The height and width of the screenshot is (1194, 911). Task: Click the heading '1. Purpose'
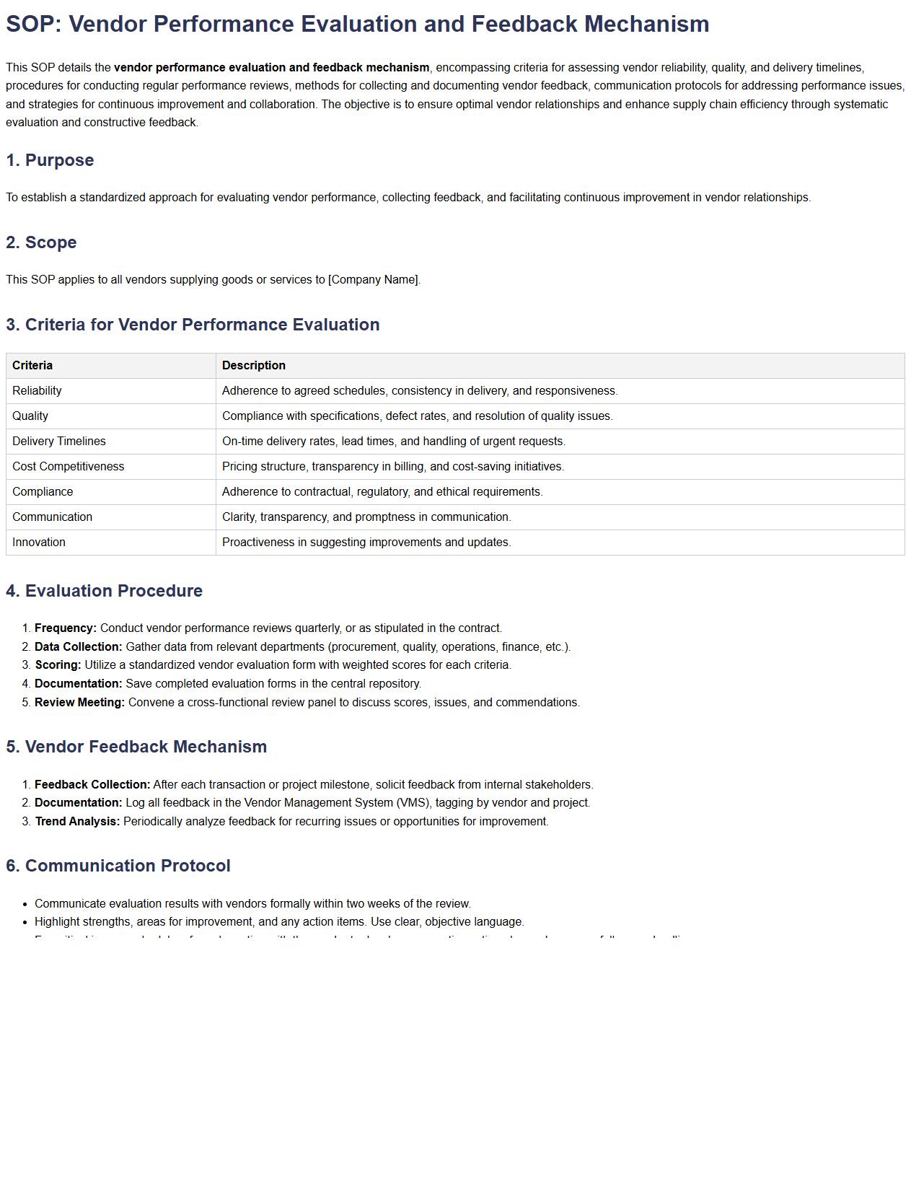50,160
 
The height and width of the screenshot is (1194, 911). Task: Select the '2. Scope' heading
41,242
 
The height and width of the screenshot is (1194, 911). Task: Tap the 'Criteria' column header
32,366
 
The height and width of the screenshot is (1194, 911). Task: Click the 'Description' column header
254,366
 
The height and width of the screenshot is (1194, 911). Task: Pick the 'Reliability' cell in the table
37,391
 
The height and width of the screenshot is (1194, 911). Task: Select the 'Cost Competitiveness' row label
69,467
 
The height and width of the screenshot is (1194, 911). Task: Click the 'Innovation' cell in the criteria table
39,543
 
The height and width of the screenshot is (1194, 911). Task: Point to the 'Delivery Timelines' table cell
59,442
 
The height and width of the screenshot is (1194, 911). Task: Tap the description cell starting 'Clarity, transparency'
366,517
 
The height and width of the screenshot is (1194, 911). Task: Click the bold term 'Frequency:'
66,628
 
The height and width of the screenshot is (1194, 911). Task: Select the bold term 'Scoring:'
58,665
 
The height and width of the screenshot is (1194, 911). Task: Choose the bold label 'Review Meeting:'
80,703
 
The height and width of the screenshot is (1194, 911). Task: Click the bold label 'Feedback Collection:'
92,785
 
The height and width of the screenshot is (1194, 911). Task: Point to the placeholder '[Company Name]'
374,280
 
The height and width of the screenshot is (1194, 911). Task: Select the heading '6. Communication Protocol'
118,866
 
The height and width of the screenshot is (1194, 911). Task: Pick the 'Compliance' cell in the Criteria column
43,492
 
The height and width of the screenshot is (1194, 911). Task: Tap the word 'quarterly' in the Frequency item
298,628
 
